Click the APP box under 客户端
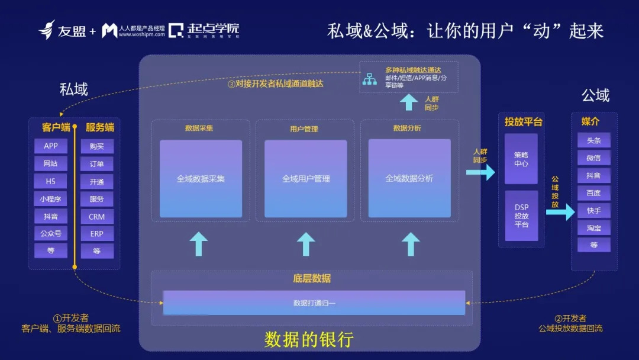pos(51,146)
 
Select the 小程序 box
pos(51,199)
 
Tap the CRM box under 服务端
pos(97,217)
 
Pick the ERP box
pos(97,234)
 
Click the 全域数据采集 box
pos(201,178)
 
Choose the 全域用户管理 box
pos(305,178)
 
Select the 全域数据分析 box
pos(409,178)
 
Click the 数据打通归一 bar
pos(314,303)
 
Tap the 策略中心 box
pos(521,159)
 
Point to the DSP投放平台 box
pos(521,216)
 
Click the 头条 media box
pos(593,140)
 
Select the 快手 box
pos(593,210)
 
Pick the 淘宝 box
pos(593,227)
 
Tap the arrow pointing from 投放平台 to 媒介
pos(560,211)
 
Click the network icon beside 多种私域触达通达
pos(370,78)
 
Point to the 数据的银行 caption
pos(309,339)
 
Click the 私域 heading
pos(74,89)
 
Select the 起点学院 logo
pos(204,30)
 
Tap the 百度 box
pos(593,193)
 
